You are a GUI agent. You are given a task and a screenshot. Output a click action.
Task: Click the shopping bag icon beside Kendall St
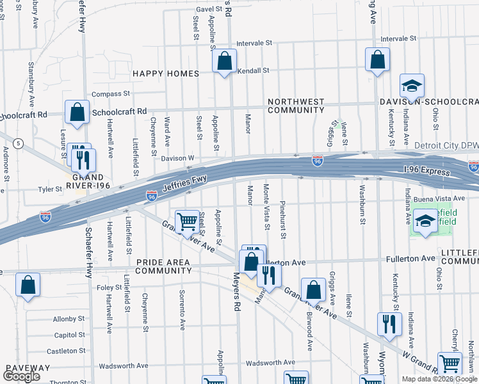coord(224,62)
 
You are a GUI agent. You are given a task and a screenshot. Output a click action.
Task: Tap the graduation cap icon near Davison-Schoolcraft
coord(412,86)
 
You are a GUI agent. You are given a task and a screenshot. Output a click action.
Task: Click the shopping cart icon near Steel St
coord(187,222)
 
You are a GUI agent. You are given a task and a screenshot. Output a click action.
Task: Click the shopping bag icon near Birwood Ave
coord(313,290)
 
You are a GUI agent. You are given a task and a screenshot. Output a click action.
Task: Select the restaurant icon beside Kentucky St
coord(389,324)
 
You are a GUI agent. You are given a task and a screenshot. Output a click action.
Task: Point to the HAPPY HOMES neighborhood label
coord(166,74)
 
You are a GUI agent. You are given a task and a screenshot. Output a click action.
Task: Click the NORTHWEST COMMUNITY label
coord(296,106)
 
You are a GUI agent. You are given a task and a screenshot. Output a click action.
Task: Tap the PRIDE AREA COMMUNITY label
coord(163,266)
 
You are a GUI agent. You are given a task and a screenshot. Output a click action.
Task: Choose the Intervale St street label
coord(254,43)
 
